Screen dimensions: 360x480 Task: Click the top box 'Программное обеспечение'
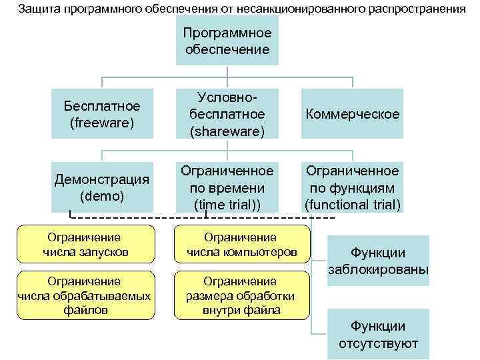[226, 40]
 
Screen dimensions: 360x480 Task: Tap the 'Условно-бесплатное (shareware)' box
[227, 114]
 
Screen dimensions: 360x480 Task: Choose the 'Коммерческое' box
[352, 114]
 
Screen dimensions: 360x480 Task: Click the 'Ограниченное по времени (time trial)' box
[227, 187]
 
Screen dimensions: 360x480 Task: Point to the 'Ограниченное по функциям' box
[352, 187]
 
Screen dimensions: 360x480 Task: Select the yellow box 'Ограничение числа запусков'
[85, 245]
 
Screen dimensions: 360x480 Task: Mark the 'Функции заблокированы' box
[379, 261]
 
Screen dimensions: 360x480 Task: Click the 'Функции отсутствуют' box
[379, 335]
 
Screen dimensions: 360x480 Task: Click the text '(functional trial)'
[353, 204]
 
